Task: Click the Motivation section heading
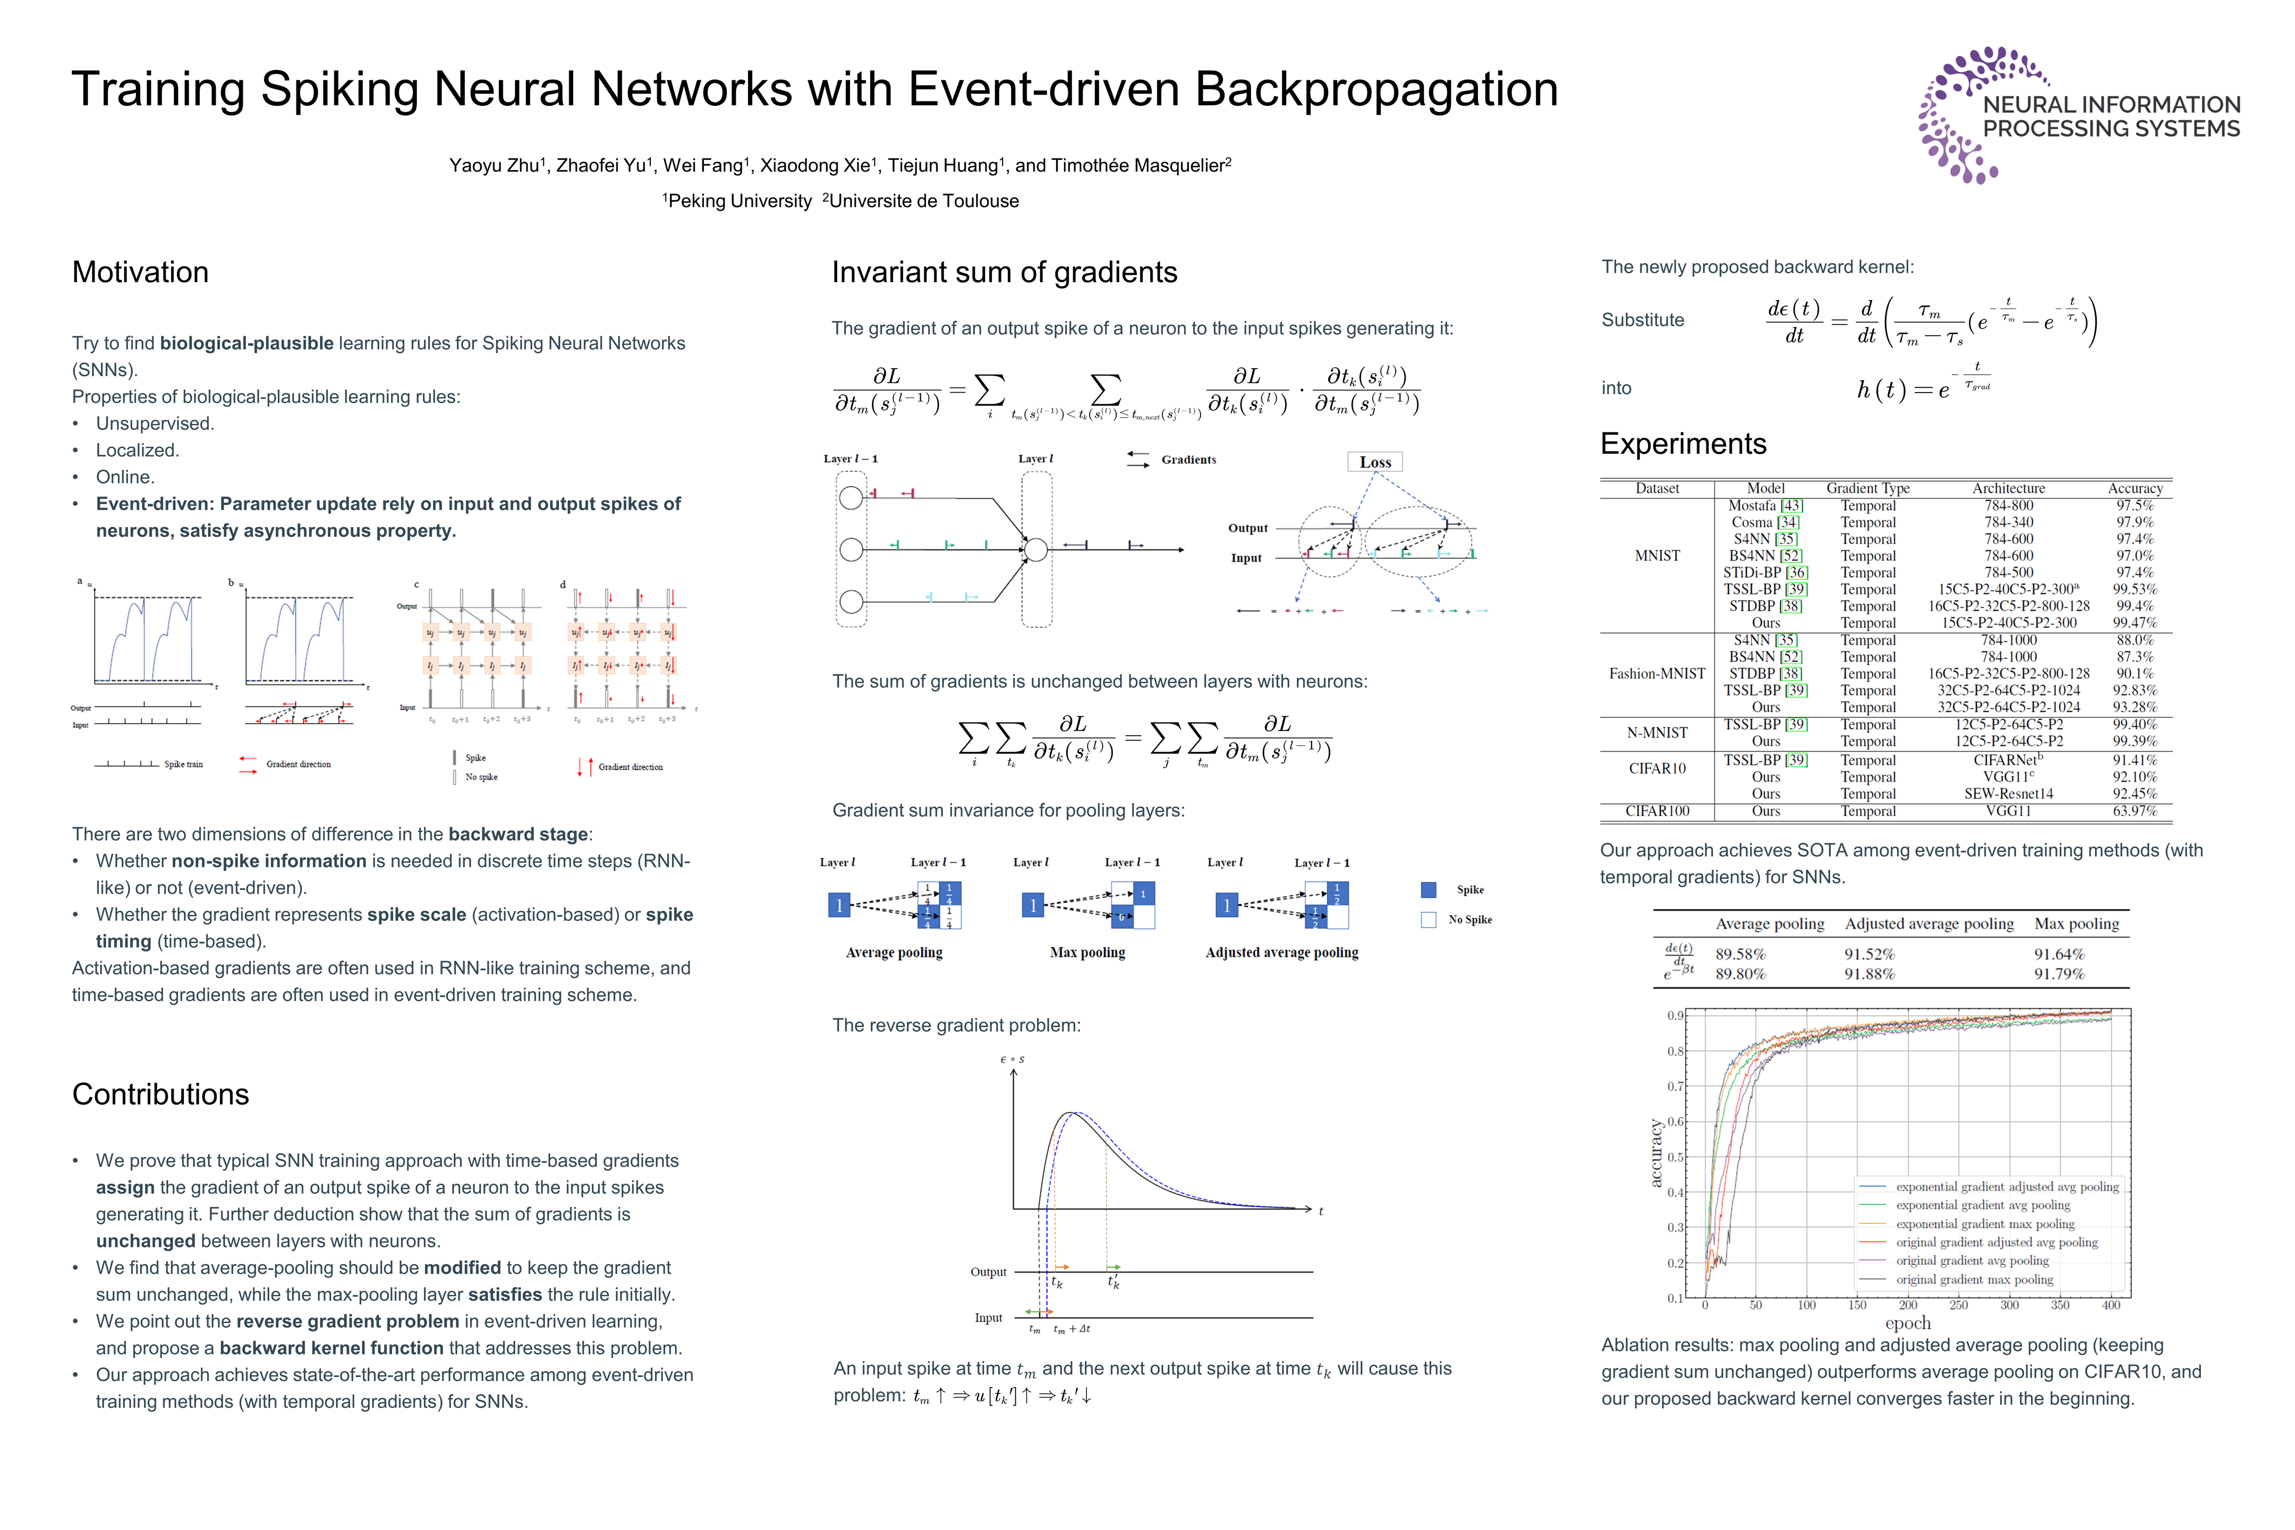pos(140,272)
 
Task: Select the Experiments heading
pos(1683,444)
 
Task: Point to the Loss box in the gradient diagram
pos(1375,463)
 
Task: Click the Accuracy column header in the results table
pos(2135,488)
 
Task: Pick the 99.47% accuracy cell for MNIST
pos(2135,623)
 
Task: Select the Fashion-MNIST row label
pos(1657,673)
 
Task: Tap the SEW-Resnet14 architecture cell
pos(2008,793)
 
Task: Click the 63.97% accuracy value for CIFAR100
pos(2135,811)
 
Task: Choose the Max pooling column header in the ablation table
pos(2077,923)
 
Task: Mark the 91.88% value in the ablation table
pos(1868,974)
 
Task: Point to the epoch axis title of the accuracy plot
pos(1908,1323)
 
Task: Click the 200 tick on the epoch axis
pos(1908,1306)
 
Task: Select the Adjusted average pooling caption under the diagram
pos(1281,953)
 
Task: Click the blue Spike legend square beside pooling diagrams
pos(1429,890)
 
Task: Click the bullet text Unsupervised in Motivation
pos(154,423)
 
